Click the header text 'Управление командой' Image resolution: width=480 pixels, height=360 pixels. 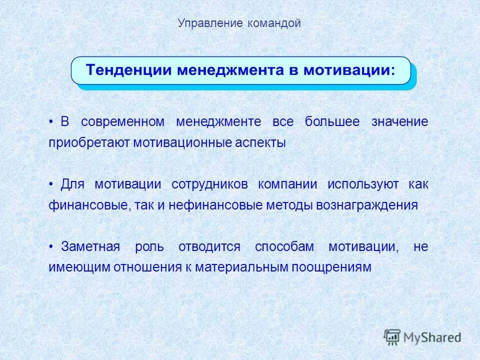click(239, 23)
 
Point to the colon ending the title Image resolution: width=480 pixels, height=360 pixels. click(392, 71)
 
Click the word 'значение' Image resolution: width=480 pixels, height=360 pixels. click(399, 122)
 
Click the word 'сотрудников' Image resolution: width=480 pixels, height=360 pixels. click(209, 184)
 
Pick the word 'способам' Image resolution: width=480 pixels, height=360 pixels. click(284, 247)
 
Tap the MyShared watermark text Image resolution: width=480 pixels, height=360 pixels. click(432, 337)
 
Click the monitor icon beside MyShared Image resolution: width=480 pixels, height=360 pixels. click(392, 336)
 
